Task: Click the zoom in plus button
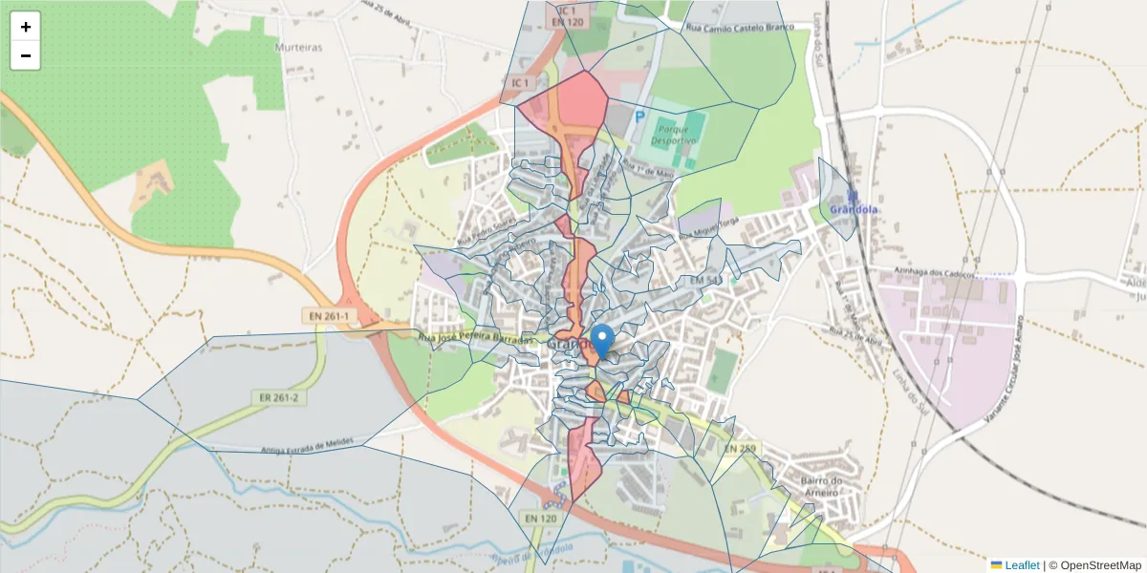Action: coord(26,28)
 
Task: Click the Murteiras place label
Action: coord(298,47)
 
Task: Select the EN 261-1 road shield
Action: coord(328,315)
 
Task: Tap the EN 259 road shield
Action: coord(742,448)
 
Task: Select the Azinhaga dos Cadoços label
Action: coord(934,272)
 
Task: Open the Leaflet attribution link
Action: coord(1022,565)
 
